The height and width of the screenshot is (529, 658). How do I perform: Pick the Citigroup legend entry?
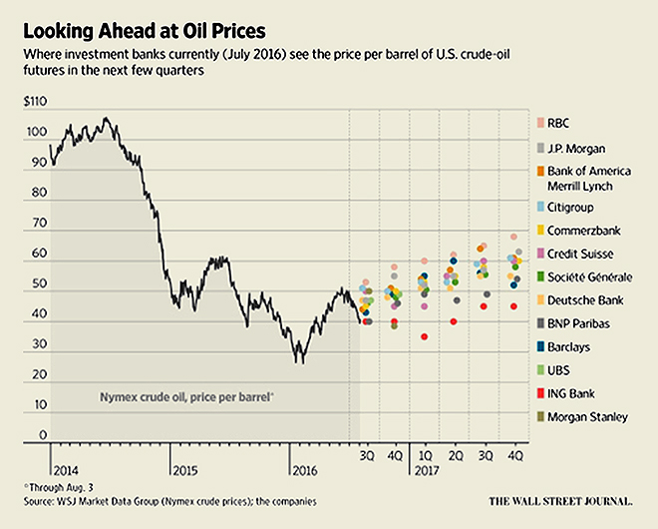click(x=576, y=207)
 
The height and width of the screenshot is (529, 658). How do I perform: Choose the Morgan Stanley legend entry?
click(x=587, y=416)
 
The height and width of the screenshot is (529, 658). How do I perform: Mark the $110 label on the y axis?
click(x=36, y=102)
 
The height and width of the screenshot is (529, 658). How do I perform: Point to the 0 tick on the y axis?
click(x=44, y=436)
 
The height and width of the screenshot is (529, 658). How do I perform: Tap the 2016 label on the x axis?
click(x=303, y=468)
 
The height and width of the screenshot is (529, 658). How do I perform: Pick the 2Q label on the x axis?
click(x=455, y=454)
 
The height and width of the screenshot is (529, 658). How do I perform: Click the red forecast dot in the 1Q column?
click(x=424, y=337)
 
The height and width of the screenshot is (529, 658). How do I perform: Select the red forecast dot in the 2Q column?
click(x=454, y=321)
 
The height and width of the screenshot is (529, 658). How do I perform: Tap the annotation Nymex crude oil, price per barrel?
click(x=188, y=397)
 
